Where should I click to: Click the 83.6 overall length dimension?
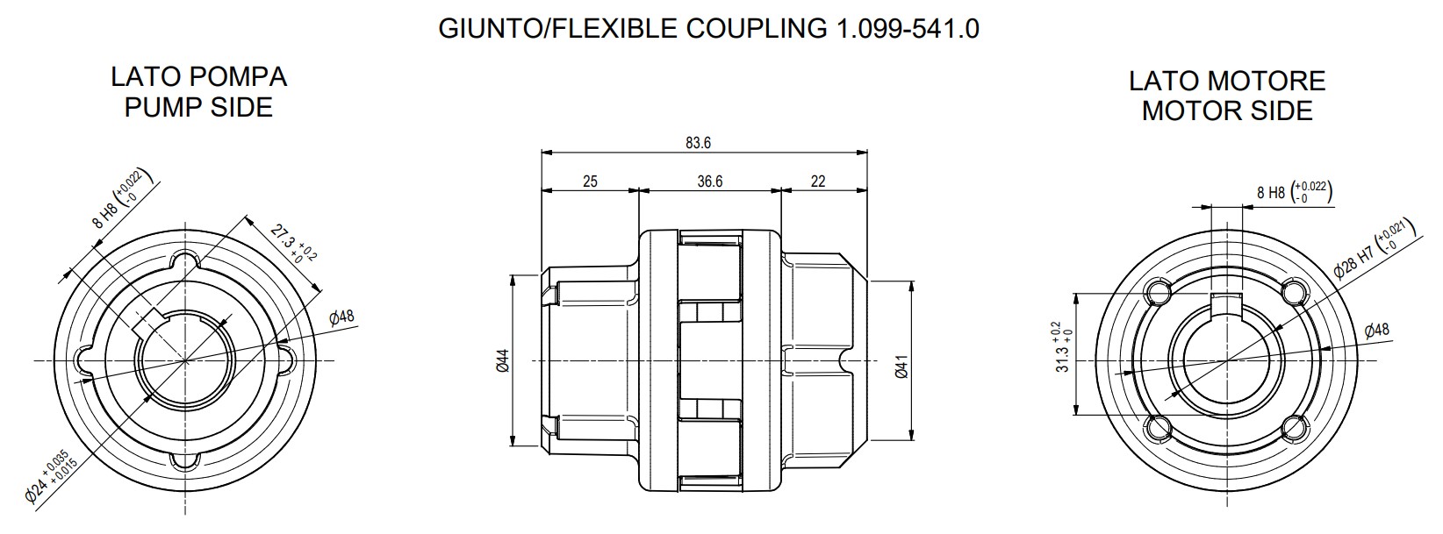[x=698, y=143]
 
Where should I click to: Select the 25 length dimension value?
[x=590, y=182]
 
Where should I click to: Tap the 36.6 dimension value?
[x=709, y=182]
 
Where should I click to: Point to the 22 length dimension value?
[x=817, y=182]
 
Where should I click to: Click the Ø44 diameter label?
[x=503, y=360]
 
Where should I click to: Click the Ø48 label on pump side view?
[x=341, y=317]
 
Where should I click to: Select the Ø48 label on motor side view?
[x=1376, y=331]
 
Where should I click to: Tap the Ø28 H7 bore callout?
[x=1373, y=251]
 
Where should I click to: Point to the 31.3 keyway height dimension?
[x=1062, y=347]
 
